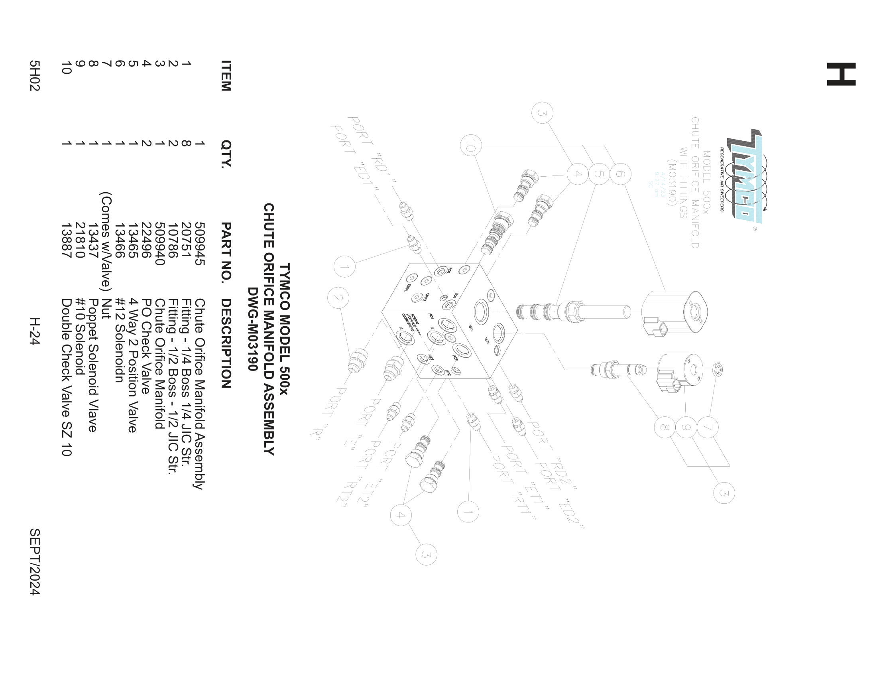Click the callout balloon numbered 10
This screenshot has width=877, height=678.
[x=471, y=145]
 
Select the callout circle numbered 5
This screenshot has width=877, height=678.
[x=599, y=174]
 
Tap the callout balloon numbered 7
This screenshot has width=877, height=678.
[x=708, y=428]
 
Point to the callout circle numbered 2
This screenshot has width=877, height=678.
[x=338, y=298]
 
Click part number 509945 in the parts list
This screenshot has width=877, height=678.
[x=200, y=244]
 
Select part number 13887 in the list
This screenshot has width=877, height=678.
[x=67, y=240]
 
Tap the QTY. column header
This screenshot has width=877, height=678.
[x=226, y=154]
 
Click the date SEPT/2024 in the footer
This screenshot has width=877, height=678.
[x=35, y=562]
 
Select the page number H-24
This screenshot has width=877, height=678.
[x=35, y=331]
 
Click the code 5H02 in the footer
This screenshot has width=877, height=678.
[x=35, y=75]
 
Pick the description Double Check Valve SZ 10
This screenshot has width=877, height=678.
[x=67, y=377]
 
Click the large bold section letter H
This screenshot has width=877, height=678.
[x=841, y=74]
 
